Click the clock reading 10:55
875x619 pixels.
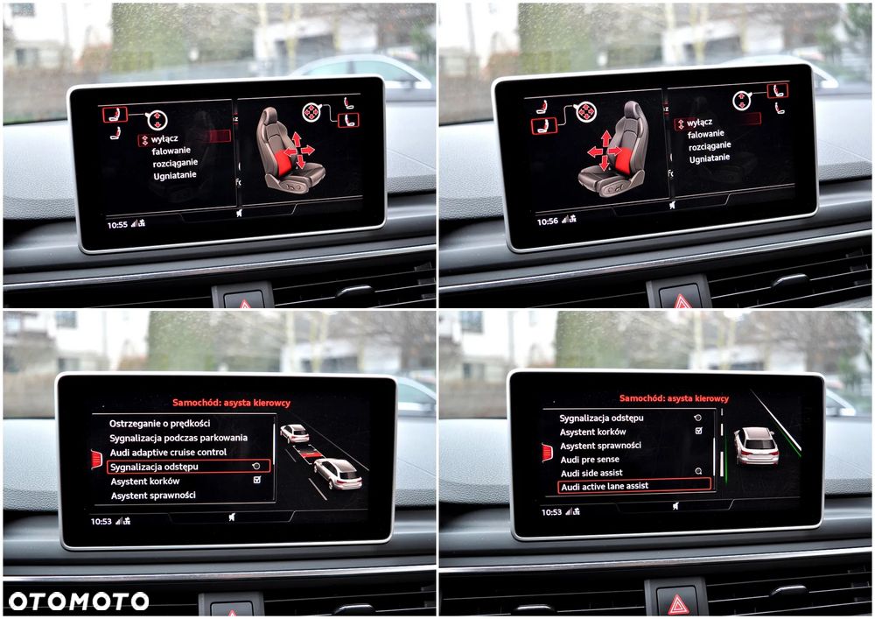(x=117, y=225)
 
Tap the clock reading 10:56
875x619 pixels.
(x=548, y=222)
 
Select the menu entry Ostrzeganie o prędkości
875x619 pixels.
(x=159, y=423)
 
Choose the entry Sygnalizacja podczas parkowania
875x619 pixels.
(x=178, y=438)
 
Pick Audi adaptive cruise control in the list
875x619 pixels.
(x=168, y=452)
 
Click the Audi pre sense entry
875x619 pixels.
(x=590, y=460)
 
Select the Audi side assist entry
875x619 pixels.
(x=591, y=473)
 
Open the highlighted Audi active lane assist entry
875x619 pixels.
(x=605, y=486)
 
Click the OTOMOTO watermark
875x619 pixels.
(x=79, y=601)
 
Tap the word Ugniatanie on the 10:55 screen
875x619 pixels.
(x=175, y=176)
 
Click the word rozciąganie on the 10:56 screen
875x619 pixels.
(x=710, y=146)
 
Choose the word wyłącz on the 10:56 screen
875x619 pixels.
(x=699, y=123)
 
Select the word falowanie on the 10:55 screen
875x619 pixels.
(x=171, y=151)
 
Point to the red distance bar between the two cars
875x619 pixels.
(x=311, y=454)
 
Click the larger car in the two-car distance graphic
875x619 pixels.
(x=338, y=474)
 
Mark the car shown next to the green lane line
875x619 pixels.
(x=756, y=446)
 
